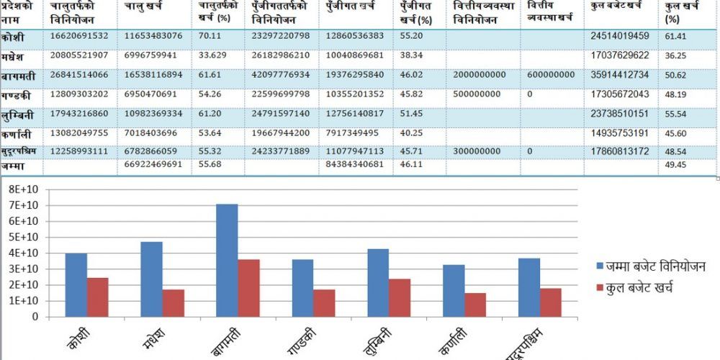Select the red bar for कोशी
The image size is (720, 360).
pyautogui.click(x=97, y=297)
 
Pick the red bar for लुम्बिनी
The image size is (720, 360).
pyautogui.click(x=400, y=297)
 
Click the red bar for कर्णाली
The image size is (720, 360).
pyautogui.click(x=475, y=305)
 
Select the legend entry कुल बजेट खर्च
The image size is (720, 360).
pyautogui.click(x=641, y=288)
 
